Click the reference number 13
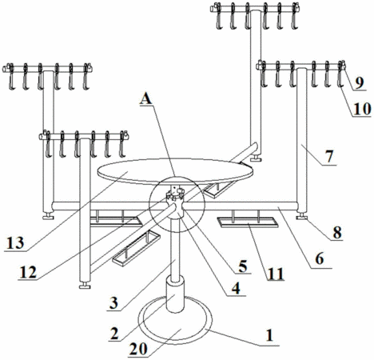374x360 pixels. click(16, 242)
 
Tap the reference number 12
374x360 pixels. click(28, 272)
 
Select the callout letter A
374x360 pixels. click(146, 99)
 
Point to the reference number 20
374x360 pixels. click(138, 349)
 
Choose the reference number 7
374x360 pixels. click(329, 156)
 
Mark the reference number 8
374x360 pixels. click(337, 233)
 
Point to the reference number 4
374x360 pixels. click(236, 288)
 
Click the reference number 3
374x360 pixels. click(113, 303)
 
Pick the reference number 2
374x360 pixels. click(114, 334)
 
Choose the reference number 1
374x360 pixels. click(269, 335)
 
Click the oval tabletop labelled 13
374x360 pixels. click(175, 171)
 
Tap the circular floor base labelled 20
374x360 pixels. click(175, 319)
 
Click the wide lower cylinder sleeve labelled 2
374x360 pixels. click(175, 294)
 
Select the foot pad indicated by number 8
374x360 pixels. click(302, 217)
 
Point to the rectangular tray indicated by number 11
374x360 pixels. click(248, 222)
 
